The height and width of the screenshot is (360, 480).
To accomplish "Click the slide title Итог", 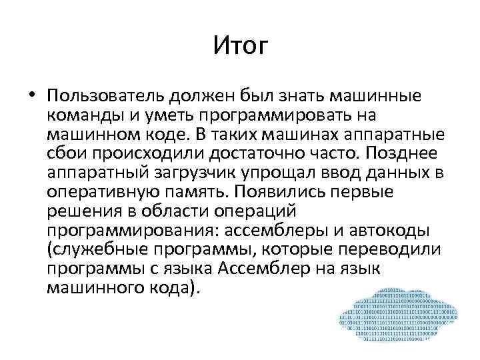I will click(240, 46).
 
